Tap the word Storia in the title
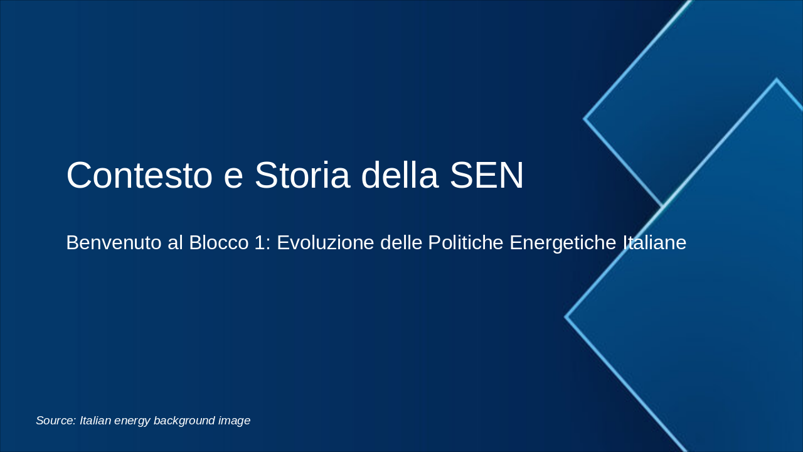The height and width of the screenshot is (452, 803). (x=302, y=175)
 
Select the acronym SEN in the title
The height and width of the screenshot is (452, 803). (x=486, y=175)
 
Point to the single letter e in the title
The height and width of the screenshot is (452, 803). (x=233, y=177)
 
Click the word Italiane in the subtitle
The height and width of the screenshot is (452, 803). (x=654, y=243)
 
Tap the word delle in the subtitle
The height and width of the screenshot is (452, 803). (x=399, y=243)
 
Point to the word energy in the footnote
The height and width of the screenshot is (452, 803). (x=132, y=421)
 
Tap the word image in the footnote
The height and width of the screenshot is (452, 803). (x=235, y=421)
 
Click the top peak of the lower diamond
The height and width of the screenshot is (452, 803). (x=777, y=80)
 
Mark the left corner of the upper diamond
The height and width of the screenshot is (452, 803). (x=585, y=118)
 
